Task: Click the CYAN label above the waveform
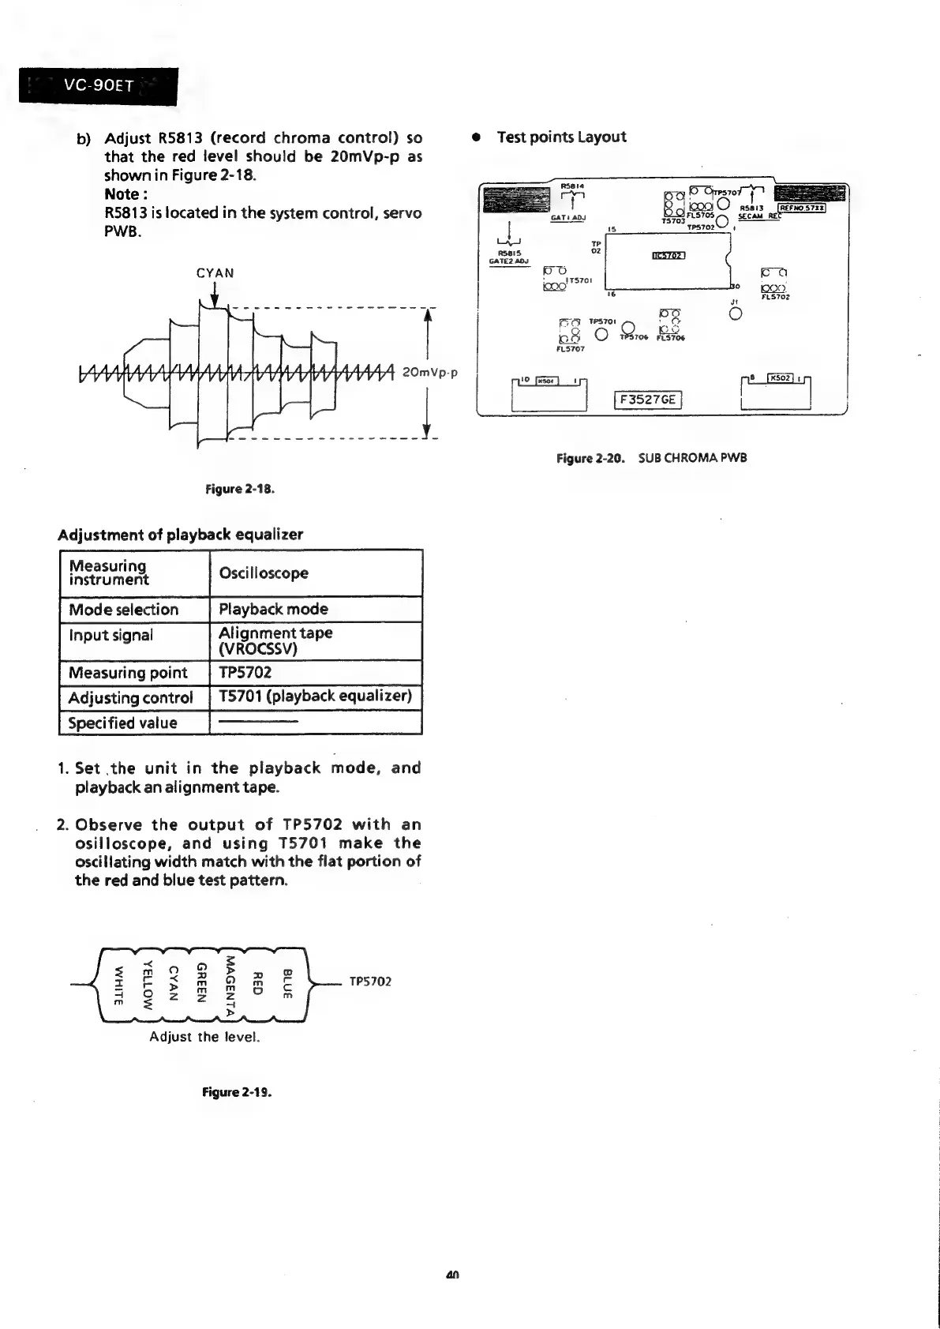215,273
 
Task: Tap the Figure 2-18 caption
240,489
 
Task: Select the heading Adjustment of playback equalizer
181,535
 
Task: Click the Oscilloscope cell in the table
264,573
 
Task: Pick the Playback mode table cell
273,610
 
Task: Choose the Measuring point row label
128,673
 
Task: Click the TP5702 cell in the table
245,673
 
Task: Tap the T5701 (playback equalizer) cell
315,696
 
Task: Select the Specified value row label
122,723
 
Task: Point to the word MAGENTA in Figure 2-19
230,986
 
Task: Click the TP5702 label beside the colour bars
371,982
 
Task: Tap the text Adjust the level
205,1037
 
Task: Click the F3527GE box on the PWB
647,400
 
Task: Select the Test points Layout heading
561,137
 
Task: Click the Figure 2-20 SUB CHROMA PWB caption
651,458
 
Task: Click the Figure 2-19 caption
237,1093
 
